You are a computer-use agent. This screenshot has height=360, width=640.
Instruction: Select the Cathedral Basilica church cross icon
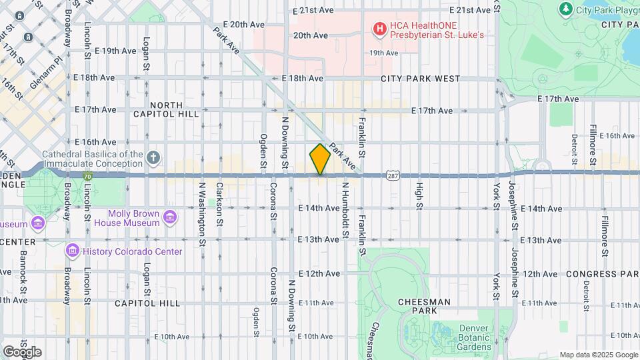pos(153,158)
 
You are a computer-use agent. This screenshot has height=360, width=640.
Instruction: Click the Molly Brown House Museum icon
pos(170,217)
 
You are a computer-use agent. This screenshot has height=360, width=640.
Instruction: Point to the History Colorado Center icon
pos(73,251)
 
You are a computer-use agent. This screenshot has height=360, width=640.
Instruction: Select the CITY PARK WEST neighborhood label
pos(420,79)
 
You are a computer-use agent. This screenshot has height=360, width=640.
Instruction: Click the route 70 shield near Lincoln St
pos(88,176)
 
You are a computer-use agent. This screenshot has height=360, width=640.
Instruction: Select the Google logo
pos(22,351)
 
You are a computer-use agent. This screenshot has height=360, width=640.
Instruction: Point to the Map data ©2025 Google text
pos(597,355)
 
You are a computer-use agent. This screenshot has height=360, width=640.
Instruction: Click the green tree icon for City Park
pos(566,9)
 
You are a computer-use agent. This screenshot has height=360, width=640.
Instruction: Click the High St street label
pos(419,197)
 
